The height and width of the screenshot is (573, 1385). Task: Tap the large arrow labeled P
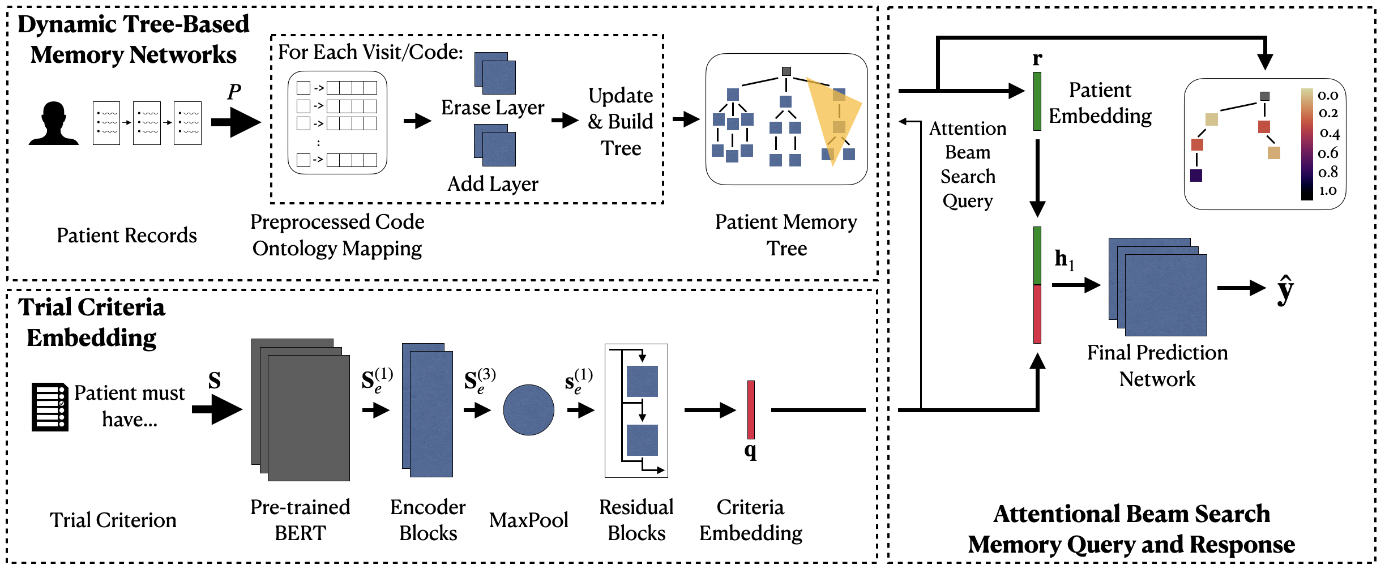236,122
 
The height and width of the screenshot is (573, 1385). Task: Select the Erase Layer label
493,108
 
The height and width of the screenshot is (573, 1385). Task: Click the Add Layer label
493,184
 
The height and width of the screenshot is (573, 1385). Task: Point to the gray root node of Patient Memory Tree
786,71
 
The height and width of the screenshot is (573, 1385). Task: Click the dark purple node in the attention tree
1196,176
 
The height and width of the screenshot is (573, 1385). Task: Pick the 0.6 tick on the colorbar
1328,153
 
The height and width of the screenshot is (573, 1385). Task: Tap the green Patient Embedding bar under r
1037,101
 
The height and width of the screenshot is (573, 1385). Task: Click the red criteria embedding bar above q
751,409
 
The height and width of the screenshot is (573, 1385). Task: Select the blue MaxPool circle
528,410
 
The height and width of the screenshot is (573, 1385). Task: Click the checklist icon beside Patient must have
50,407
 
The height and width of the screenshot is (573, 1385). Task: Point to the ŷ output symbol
1285,289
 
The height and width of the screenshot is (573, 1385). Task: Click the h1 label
1064,259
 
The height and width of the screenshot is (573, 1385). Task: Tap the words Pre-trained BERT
300,520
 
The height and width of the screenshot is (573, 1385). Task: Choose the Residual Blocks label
636,520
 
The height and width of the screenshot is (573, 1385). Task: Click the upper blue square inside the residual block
642,381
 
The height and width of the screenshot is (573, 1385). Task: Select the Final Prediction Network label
1157,365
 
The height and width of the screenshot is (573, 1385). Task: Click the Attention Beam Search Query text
968,164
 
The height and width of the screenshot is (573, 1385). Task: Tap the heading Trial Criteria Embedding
92,322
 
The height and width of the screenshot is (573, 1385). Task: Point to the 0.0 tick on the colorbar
1328,95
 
